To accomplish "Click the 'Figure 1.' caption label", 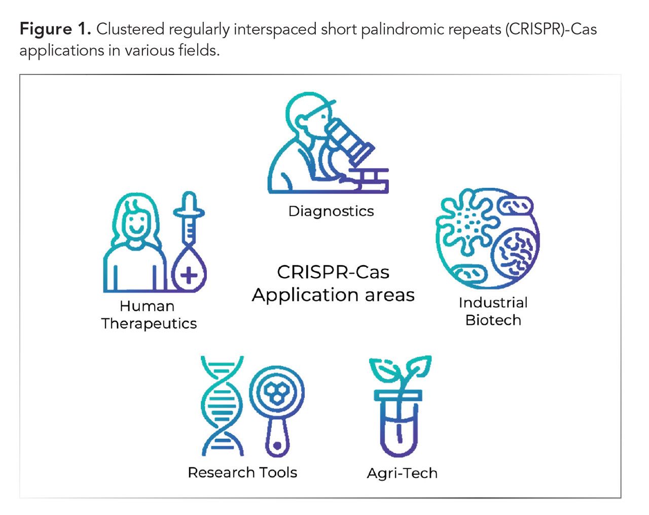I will [x=55, y=29].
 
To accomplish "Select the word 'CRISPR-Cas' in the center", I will [x=333, y=272].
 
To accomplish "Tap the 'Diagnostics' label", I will [x=331, y=211].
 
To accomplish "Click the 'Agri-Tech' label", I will [x=402, y=473].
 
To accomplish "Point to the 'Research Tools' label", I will [x=242, y=472].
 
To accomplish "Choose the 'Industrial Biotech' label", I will [x=493, y=311].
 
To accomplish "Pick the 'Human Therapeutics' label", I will [x=148, y=315].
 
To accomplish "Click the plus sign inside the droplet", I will [x=189, y=275].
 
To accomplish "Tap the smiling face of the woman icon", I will [x=135, y=223].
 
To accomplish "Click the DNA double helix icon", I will [x=222, y=406].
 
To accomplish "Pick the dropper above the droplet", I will [x=189, y=218].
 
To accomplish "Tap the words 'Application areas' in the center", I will [x=333, y=295].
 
